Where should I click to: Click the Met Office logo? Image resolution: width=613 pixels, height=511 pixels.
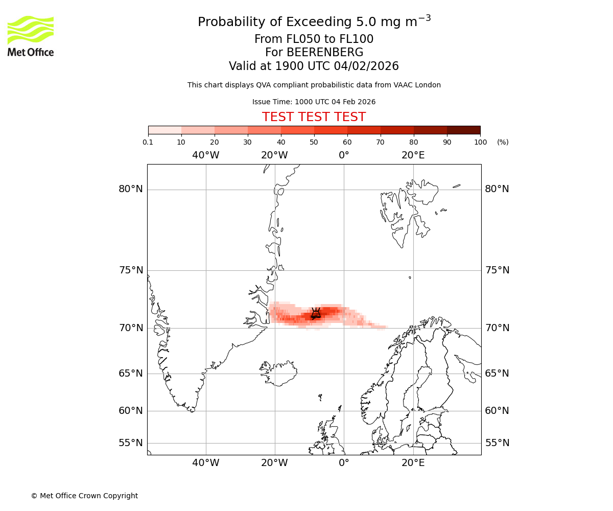pyautogui.click(x=31, y=36)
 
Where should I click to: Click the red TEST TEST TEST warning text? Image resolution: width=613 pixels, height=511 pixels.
pyautogui.click(x=314, y=117)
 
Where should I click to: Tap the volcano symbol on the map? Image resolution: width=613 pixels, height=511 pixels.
pyautogui.click(x=316, y=313)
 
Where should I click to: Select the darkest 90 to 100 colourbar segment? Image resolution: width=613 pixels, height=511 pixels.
pyautogui.click(x=463, y=130)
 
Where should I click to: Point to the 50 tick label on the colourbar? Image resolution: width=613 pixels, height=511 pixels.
pyautogui.click(x=314, y=142)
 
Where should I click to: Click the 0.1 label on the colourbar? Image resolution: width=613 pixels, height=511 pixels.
pyautogui.click(x=148, y=142)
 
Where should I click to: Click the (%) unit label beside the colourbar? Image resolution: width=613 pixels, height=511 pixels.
pyautogui.click(x=503, y=142)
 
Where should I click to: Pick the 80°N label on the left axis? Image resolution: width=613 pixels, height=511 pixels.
pyautogui.click(x=131, y=189)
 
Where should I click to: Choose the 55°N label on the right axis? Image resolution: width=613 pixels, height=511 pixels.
pyautogui.click(x=497, y=443)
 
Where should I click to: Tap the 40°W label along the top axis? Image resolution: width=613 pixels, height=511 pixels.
pyautogui.click(x=206, y=155)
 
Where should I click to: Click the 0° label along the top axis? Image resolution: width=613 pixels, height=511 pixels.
pyautogui.click(x=344, y=155)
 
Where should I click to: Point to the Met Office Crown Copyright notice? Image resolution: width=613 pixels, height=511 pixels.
pyautogui.click(x=84, y=496)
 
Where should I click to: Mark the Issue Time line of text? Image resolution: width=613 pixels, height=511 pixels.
pyautogui.click(x=314, y=102)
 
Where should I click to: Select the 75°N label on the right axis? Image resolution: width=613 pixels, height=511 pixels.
pyautogui.click(x=497, y=270)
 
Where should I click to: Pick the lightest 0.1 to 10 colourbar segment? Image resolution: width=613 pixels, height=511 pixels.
pyautogui.click(x=164, y=130)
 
